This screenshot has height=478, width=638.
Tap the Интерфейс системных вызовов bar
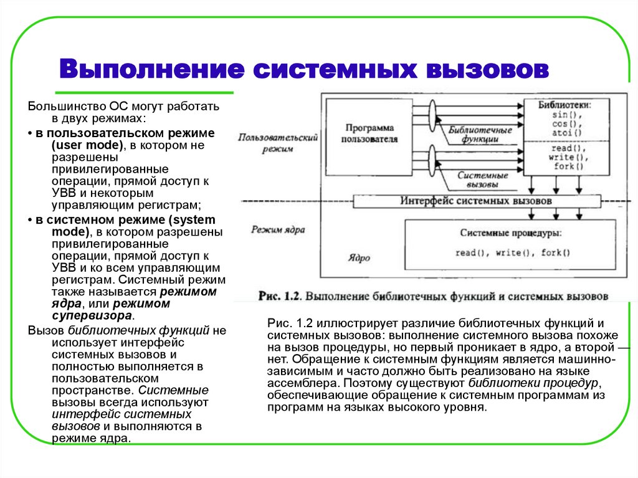tap(476, 202)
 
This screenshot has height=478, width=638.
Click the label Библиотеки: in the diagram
tap(564, 105)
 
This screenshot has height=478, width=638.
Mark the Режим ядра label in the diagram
tap(278, 229)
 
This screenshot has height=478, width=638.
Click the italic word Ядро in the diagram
tap(359, 257)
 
